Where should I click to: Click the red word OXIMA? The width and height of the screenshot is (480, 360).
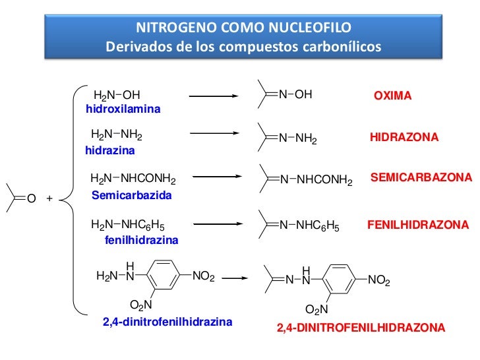[x=392, y=96]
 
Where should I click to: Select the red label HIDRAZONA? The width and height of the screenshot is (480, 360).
[x=404, y=138]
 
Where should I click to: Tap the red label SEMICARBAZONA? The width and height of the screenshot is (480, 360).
[x=421, y=178]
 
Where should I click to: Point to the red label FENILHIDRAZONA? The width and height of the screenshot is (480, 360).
[x=418, y=225]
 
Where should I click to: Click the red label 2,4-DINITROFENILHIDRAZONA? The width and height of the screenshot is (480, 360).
[x=361, y=328]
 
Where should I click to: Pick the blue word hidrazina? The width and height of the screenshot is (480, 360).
[x=110, y=150]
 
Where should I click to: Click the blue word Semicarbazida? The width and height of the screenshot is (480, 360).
[x=132, y=196]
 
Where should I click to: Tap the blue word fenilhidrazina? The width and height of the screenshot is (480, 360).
[x=142, y=241]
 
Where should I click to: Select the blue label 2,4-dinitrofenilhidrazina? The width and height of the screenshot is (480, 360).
[x=167, y=322]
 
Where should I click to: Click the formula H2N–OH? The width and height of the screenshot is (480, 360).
[x=117, y=96]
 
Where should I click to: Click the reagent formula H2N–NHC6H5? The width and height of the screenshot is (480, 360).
[x=128, y=225]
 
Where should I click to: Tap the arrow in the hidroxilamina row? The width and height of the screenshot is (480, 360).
[x=217, y=96]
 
